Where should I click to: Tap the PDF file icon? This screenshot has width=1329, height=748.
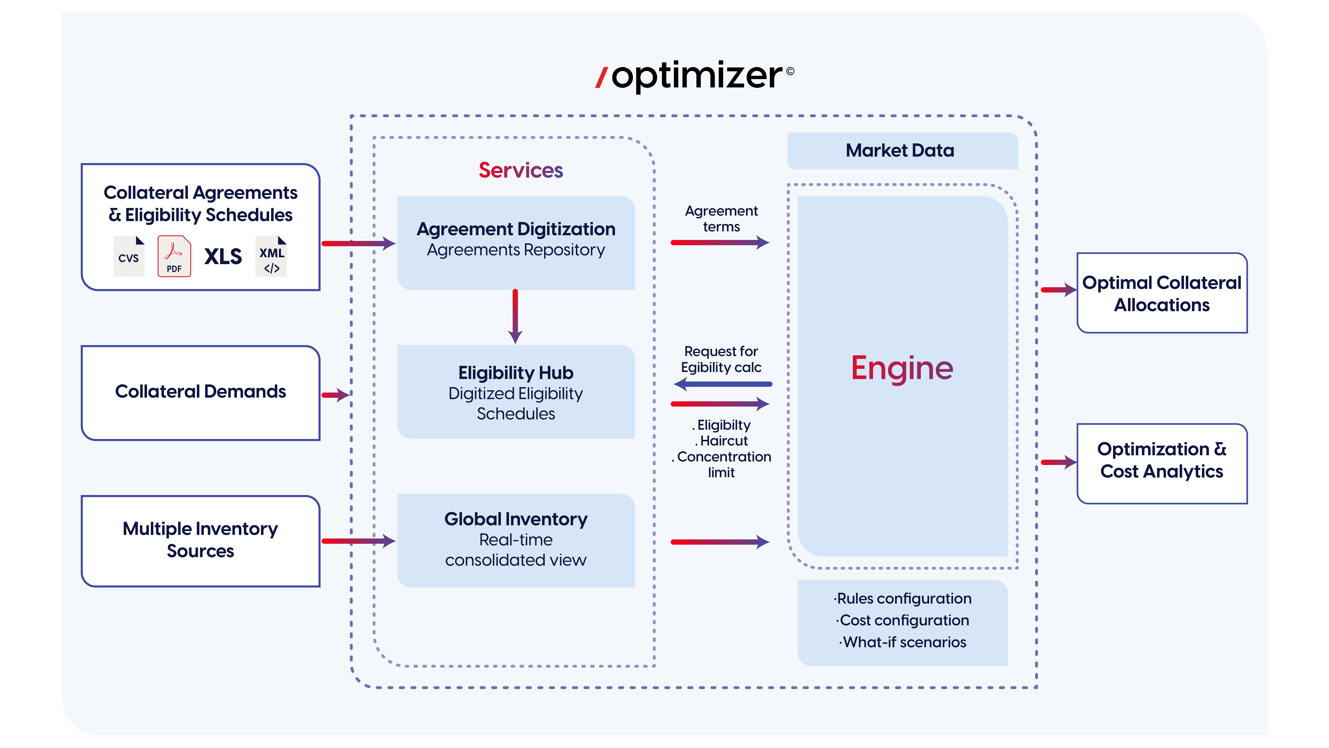[174, 256]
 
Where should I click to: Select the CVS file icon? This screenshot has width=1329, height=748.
[128, 256]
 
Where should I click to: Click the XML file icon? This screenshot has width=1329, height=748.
[271, 256]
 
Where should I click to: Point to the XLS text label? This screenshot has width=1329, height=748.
[223, 256]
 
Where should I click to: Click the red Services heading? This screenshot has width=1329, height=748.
[521, 170]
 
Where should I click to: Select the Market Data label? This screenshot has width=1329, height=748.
[900, 150]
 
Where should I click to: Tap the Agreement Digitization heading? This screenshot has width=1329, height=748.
[516, 229]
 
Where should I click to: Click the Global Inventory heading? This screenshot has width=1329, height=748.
[516, 519]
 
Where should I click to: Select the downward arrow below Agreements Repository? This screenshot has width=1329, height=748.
[515, 316]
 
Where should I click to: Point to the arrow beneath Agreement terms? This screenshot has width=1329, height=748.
[720, 242]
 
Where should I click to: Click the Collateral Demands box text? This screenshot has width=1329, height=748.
[200, 391]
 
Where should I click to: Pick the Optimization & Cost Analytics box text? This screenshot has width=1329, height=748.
[1161, 460]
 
